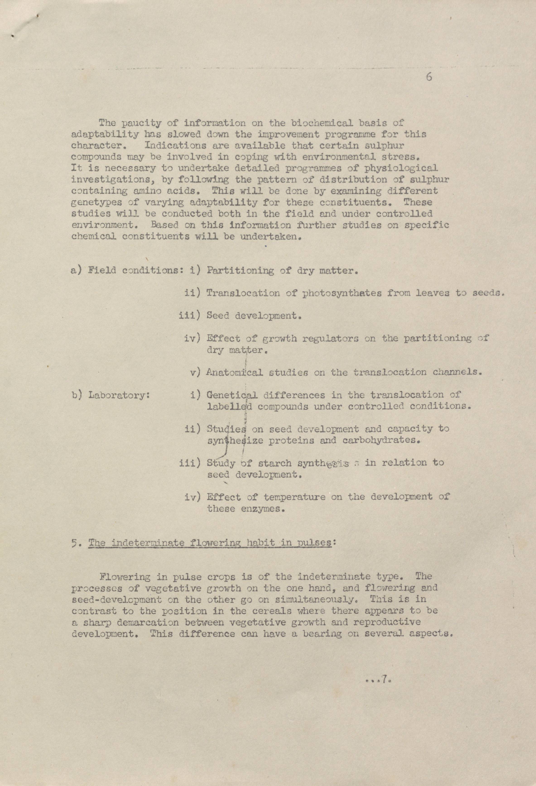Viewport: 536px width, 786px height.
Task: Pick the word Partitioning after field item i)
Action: [240, 271]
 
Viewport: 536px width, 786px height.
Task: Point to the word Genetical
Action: [232, 395]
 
